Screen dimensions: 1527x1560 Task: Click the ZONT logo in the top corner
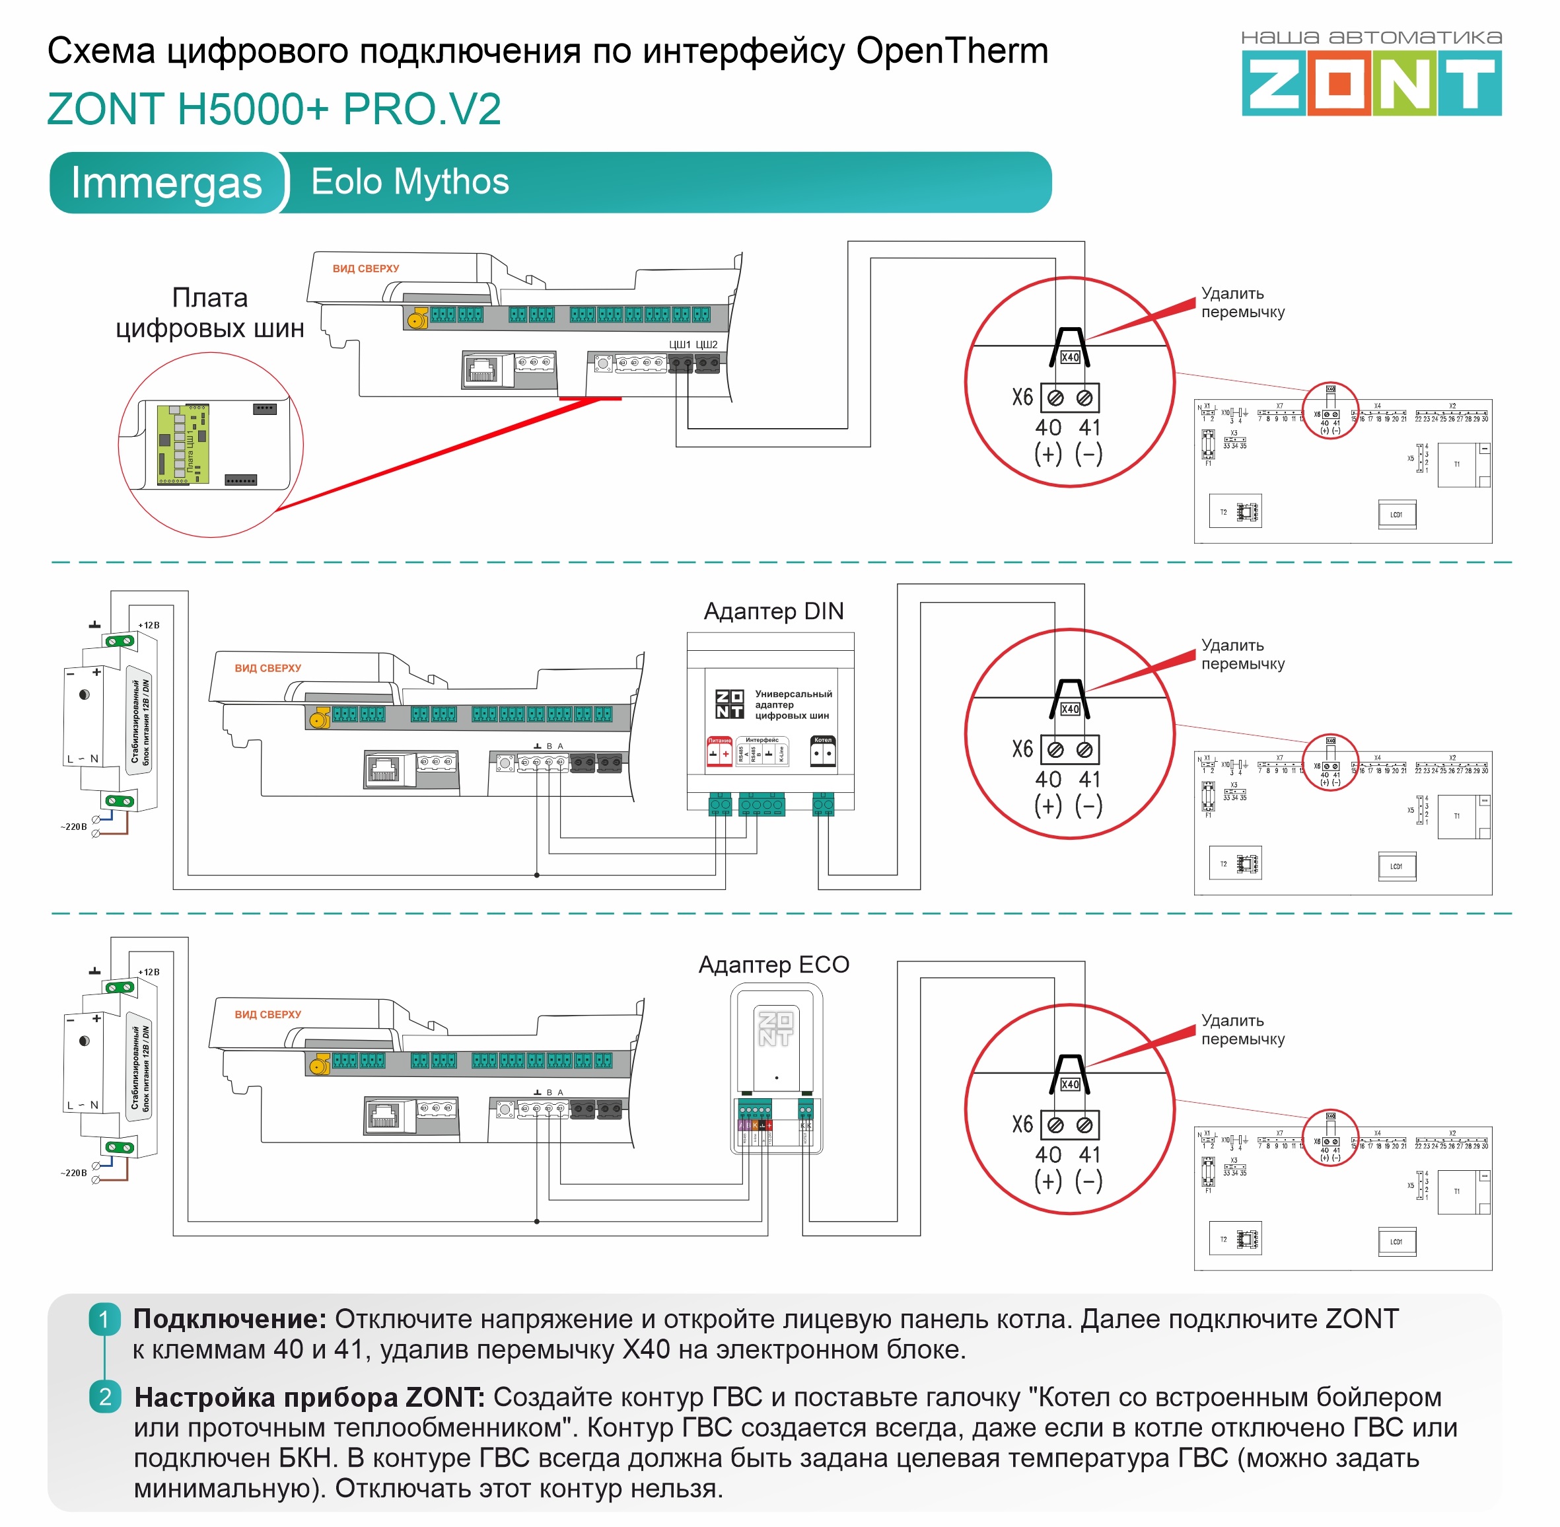click(1371, 82)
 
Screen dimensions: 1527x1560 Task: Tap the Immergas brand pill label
click(166, 183)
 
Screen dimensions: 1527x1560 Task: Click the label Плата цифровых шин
click(209, 313)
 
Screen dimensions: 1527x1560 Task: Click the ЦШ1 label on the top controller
click(679, 345)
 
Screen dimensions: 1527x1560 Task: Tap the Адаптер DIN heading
click(773, 611)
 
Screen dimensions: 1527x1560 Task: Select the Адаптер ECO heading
click(773, 964)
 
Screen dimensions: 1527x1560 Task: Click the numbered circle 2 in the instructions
click(105, 1397)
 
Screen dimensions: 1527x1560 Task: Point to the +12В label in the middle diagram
click(149, 625)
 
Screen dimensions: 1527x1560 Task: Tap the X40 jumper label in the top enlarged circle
click(1069, 357)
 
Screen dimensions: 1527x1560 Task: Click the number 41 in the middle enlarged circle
click(1088, 779)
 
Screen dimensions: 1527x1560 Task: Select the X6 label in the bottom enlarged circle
click(1022, 1125)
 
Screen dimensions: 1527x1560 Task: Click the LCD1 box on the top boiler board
click(1396, 515)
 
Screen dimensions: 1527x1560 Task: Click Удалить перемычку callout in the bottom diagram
click(1242, 1029)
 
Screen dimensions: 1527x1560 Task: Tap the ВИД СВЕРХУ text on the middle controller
click(267, 668)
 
